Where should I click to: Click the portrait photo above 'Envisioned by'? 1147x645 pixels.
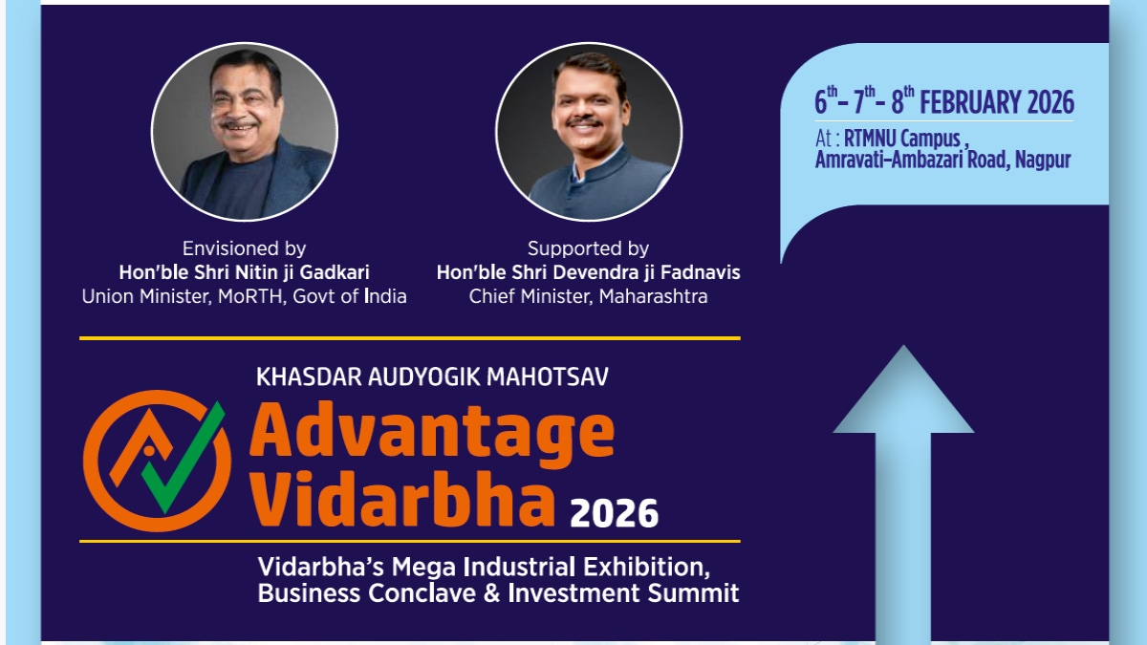point(244,131)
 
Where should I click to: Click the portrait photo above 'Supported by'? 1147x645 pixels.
point(589,131)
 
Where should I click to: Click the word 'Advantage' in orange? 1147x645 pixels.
point(432,432)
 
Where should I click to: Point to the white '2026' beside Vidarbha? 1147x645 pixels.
point(614,514)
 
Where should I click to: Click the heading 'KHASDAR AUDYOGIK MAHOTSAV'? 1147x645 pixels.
point(432,376)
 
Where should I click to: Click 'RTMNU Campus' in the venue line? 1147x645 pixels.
point(902,140)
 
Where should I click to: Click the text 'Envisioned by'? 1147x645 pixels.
point(244,248)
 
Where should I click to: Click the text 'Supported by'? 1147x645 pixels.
point(588,248)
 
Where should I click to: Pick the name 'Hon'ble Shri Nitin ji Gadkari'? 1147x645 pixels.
point(244,272)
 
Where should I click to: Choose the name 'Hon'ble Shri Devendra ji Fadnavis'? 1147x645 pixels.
point(588,272)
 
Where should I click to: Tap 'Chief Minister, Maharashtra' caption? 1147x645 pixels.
point(588,296)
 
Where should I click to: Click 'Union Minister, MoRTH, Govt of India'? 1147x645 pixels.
point(244,296)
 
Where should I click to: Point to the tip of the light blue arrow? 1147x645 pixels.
point(903,350)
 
